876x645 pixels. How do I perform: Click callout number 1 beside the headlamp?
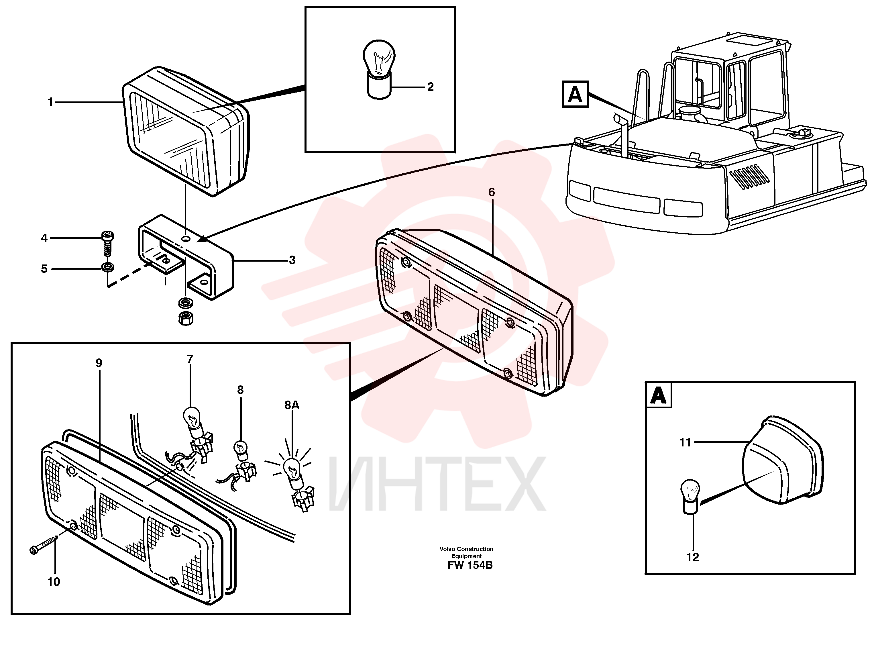click(50, 102)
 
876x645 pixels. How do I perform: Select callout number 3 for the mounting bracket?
click(292, 260)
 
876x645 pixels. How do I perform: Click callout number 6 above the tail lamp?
click(492, 192)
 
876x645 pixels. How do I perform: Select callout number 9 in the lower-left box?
click(99, 363)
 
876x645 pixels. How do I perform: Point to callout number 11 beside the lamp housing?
click(685, 442)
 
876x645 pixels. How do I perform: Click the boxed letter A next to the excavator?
click(575, 94)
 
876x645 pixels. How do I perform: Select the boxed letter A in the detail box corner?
click(659, 395)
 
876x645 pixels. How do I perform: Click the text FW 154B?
click(470, 565)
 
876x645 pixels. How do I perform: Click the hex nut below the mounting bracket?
click(185, 319)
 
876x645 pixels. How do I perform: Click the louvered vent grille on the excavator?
click(749, 177)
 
